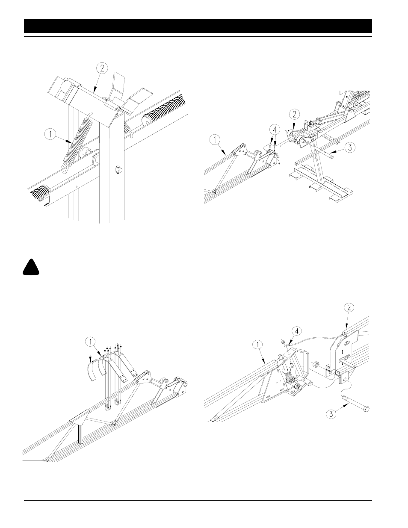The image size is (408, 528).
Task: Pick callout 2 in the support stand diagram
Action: pos(293,114)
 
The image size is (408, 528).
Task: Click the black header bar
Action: pos(198,26)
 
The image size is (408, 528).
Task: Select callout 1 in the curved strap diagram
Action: pos(90,342)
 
